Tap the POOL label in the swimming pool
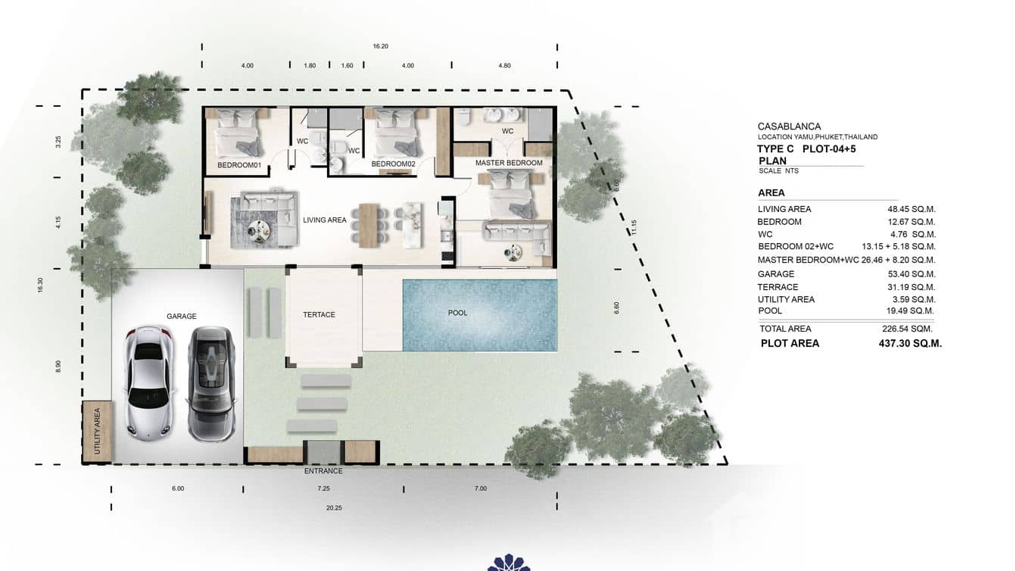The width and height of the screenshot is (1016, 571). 457,313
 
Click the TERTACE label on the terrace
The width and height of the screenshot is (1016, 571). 319,314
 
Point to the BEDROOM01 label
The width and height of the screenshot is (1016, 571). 238,164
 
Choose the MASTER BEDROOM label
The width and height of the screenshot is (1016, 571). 509,163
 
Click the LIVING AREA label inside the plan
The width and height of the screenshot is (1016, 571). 325,220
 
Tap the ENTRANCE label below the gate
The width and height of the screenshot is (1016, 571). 323,471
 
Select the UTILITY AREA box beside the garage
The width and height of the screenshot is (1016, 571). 97,432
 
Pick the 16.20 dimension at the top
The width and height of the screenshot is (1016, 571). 380,46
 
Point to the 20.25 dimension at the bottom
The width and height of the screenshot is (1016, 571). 334,508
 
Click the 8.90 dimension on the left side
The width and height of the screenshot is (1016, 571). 58,366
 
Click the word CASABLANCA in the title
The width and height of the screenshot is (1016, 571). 789,126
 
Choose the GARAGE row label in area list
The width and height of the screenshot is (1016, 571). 776,274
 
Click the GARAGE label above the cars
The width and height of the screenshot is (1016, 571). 181,317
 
